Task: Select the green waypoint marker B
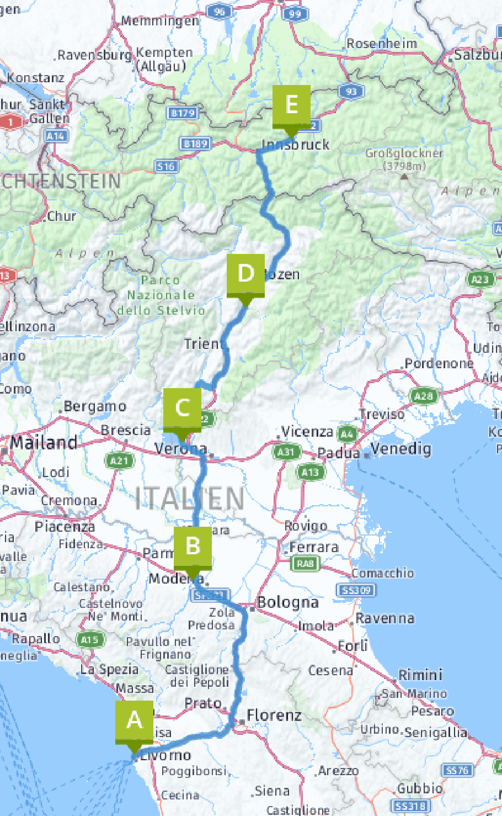click(193, 547)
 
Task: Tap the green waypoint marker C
click(182, 409)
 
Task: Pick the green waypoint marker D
click(245, 274)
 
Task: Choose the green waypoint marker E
click(291, 105)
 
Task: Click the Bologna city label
click(287, 602)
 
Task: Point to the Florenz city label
click(274, 716)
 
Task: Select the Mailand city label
click(44, 443)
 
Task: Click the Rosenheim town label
click(382, 43)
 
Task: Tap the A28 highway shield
click(423, 396)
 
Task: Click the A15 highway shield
click(89, 640)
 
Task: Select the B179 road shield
click(183, 113)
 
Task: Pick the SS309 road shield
click(357, 590)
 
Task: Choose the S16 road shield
click(166, 166)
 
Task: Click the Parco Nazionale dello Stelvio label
click(161, 295)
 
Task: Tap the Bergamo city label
click(94, 407)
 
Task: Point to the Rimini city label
click(420, 675)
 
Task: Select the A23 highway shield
click(480, 279)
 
